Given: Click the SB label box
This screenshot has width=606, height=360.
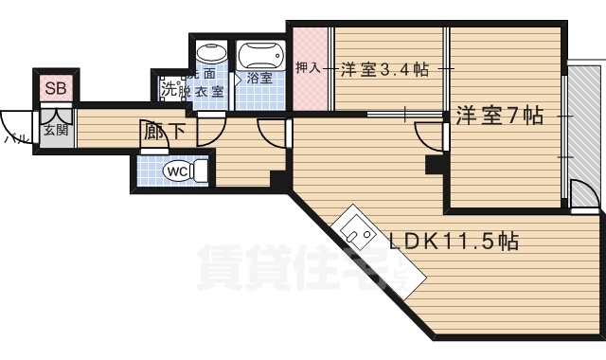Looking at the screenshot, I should [53, 88].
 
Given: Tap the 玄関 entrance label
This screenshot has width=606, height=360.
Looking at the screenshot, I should [54, 129].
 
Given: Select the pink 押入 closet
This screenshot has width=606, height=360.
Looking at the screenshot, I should [306, 68].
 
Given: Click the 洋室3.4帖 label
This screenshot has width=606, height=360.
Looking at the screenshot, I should [383, 69].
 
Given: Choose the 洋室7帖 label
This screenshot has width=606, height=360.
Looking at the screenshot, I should [498, 116].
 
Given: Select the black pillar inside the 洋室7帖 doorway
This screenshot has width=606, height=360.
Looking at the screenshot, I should [435, 166].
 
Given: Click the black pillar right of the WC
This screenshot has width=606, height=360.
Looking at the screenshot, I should [277, 179].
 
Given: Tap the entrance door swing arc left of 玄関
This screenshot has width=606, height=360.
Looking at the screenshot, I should [17, 125].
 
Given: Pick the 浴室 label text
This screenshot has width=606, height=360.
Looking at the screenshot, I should [258, 79].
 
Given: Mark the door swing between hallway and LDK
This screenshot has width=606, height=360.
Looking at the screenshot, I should [275, 133].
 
